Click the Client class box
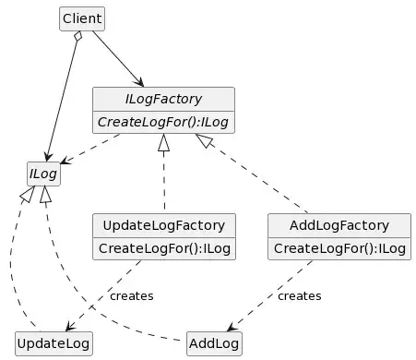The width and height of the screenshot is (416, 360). (x=82, y=18)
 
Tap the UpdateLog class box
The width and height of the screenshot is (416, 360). (x=53, y=343)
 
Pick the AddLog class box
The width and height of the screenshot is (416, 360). (x=214, y=343)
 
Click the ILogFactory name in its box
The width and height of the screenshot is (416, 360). (x=163, y=99)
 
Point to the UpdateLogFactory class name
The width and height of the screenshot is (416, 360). (x=164, y=225)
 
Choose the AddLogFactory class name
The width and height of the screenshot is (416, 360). (x=339, y=225)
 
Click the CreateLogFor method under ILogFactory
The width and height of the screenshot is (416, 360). (x=163, y=121)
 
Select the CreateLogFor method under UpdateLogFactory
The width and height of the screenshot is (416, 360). (x=164, y=247)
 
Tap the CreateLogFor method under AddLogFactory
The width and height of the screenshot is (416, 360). (x=339, y=247)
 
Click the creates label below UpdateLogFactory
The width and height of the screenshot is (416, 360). (x=131, y=295)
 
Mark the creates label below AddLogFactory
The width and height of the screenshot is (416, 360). (x=299, y=295)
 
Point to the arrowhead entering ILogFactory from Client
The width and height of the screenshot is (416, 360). (x=139, y=82)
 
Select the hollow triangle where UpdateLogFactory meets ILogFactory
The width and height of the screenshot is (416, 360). (x=164, y=143)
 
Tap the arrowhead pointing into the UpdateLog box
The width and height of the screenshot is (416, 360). (x=70, y=324)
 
